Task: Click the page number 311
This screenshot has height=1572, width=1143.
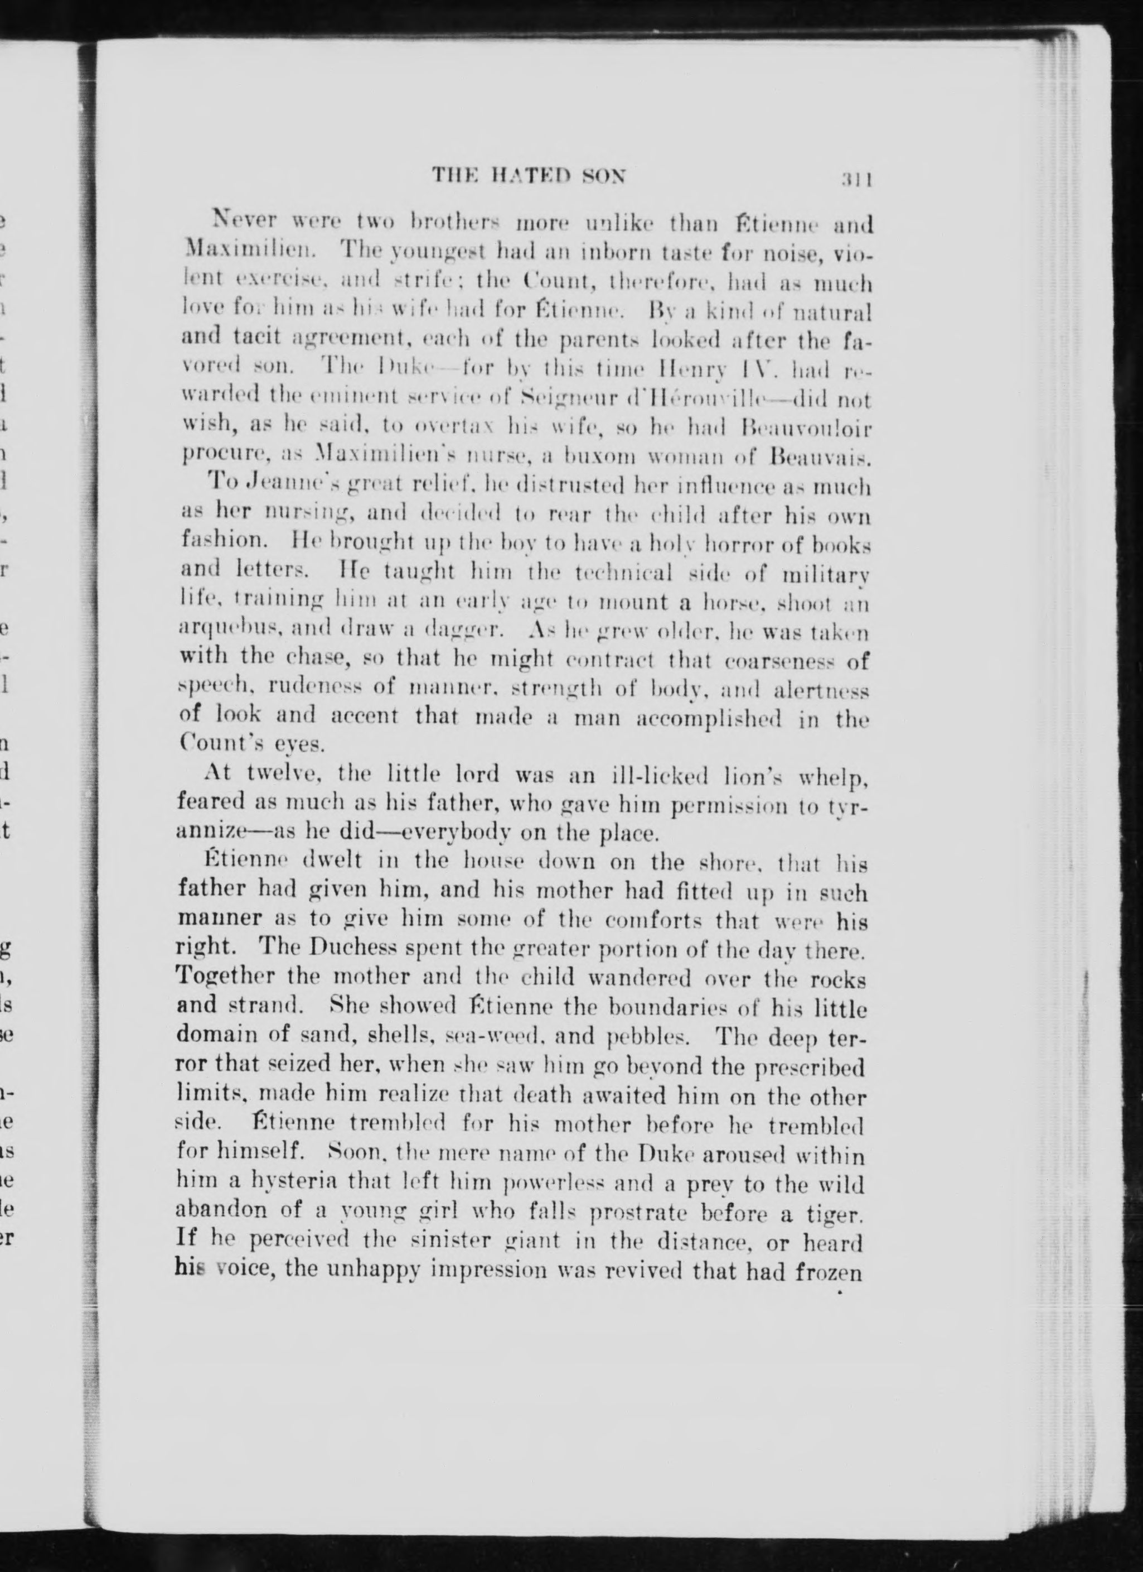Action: pos(856,178)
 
